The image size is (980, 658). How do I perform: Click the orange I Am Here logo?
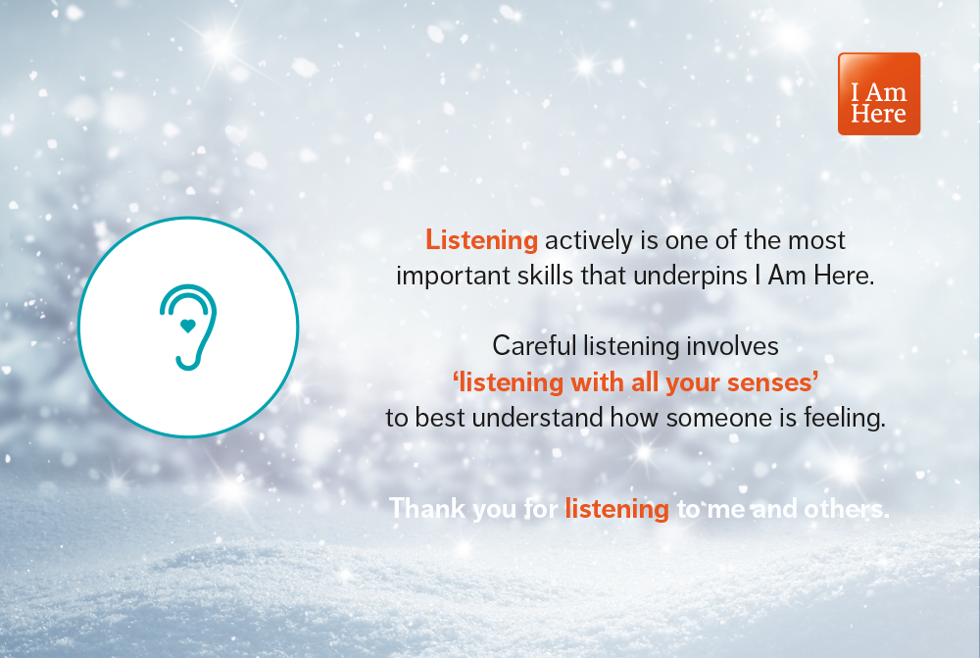[878, 93]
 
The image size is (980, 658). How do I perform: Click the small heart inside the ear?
[188, 325]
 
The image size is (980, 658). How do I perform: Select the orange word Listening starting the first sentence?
[481, 239]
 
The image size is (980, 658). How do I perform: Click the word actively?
[584, 239]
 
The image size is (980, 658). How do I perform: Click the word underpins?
[691, 276]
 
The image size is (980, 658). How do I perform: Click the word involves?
[737, 345]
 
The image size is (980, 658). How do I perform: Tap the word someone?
[710, 418]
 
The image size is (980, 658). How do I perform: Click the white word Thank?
[424, 508]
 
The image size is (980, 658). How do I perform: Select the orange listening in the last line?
[616, 509]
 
